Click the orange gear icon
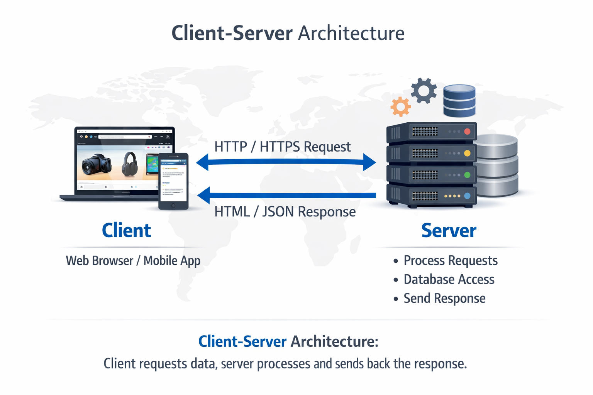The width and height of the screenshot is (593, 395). click(x=400, y=106)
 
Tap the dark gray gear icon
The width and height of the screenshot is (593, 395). click(x=424, y=91)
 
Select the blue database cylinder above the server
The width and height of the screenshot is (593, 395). click(x=459, y=101)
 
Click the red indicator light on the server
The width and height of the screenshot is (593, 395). click(x=467, y=132)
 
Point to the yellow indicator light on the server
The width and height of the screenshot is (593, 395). click(x=467, y=153)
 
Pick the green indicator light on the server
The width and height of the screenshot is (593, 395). click(x=467, y=175)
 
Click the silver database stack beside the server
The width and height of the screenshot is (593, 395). click(x=497, y=166)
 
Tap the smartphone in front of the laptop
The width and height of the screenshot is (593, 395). click(x=173, y=181)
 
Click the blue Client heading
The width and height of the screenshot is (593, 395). click(x=126, y=230)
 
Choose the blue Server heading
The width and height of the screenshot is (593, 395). click(x=449, y=230)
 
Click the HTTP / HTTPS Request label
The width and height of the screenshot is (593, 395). click(x=282, y=147)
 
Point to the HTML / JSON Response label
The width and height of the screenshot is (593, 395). click(x=285, y=212)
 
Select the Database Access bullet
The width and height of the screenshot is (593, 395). click(x=449, y=279)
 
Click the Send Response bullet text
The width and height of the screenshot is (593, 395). click(x=444, y=298)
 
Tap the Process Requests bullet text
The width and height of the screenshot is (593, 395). click(x=450, y=260)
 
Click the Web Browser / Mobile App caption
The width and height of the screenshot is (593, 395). click(x=133, y=261)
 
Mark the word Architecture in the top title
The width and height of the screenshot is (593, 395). click(x=351, y=33)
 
